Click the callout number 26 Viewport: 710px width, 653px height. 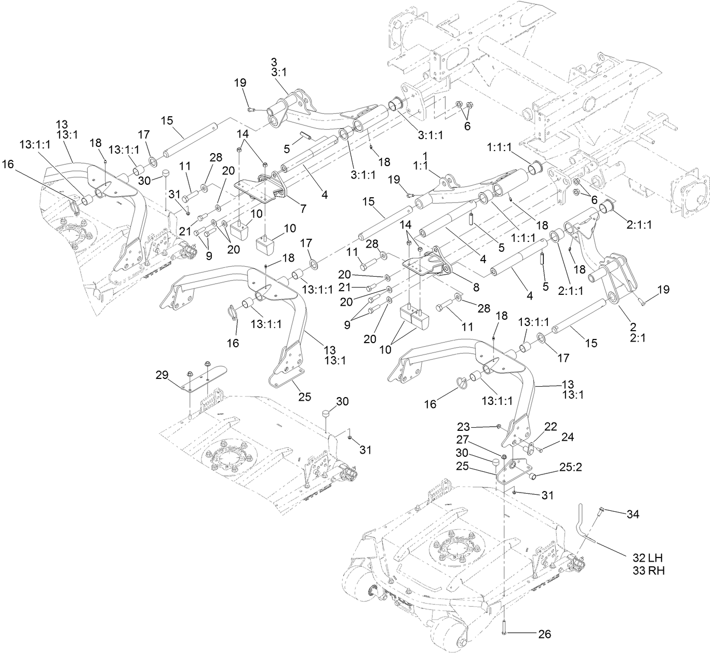(545, 633)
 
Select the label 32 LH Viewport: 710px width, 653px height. (648, 558)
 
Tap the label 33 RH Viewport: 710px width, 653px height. (649, 570)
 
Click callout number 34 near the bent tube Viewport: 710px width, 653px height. (633, 514)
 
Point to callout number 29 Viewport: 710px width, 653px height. (163, 374)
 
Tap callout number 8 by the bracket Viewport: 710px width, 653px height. (475, 286)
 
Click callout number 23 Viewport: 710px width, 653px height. (463, 427)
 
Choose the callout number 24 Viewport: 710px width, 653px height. (568, 437)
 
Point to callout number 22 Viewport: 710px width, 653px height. (551, 426)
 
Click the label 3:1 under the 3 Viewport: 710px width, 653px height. (278, 73)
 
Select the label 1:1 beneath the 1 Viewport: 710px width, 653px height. (425, 166)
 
